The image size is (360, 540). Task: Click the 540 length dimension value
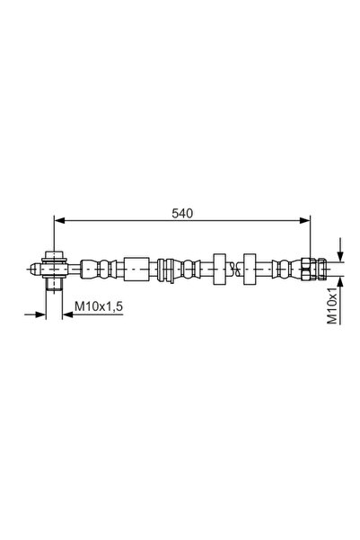[x=182, y=214]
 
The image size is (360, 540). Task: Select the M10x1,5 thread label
[x=99, y=305]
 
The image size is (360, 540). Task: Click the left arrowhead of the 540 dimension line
[x=60, y=220]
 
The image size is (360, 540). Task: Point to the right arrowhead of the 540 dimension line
[x=305, y=220]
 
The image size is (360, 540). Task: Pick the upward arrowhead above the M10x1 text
[x=340, y=281]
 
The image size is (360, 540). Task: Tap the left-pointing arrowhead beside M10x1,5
[x=68, y=314]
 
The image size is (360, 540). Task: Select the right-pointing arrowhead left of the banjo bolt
[x=40, y=314]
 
